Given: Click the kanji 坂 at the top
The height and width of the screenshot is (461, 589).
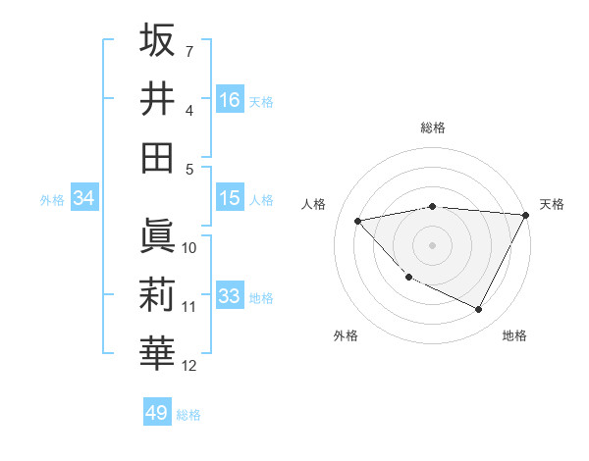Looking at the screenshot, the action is tap(157, 41).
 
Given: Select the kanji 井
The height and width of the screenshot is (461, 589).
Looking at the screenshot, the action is tap(157, 98).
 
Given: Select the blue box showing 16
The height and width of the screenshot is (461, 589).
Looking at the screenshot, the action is tap(230, 99).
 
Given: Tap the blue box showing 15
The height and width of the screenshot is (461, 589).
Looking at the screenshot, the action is tap(230, 198).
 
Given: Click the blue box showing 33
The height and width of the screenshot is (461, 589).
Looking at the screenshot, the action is tap(230, 296).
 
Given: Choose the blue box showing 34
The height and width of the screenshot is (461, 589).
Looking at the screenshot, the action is tap(83, 199).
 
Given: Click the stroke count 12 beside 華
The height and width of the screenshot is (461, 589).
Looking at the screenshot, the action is tap(189, 366).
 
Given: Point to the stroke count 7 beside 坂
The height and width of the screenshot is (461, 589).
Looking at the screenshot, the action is tap(189, 50).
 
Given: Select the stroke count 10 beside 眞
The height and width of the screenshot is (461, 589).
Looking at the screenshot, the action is tap(189, 247).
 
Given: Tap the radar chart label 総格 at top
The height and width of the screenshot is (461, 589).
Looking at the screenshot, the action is tap(433, 128).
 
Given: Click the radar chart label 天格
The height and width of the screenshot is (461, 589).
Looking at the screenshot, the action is tap(552, 204).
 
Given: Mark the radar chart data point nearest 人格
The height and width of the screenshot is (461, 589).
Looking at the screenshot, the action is tap(358, 221).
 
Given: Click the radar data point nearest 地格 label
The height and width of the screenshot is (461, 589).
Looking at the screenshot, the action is tap(479, 310).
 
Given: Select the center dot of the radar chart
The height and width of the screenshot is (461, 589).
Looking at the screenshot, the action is tap(433, 245).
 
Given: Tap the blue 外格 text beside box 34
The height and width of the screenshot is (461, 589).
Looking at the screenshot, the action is tap(52, 200).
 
